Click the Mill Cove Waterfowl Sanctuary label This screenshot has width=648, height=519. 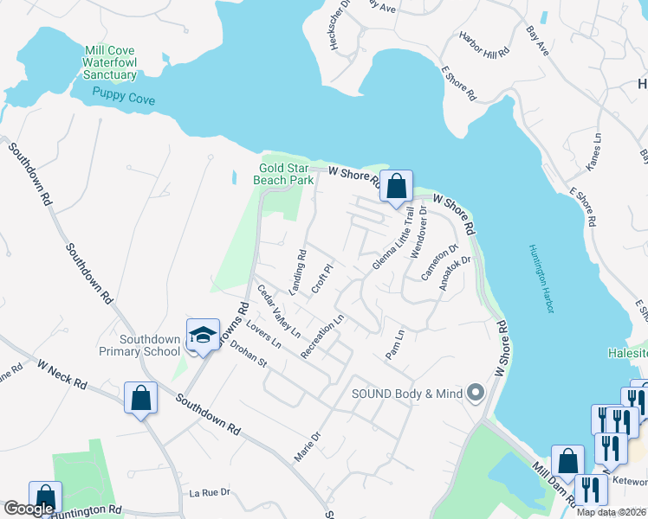(110, 63)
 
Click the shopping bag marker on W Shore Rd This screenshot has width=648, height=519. (396, 186)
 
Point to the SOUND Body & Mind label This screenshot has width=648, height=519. (406, 394)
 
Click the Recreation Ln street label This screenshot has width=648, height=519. (323, 336)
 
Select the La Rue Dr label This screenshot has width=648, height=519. (209, 492)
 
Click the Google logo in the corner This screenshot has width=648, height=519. (29, 509)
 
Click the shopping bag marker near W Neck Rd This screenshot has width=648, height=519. (140, 399)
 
